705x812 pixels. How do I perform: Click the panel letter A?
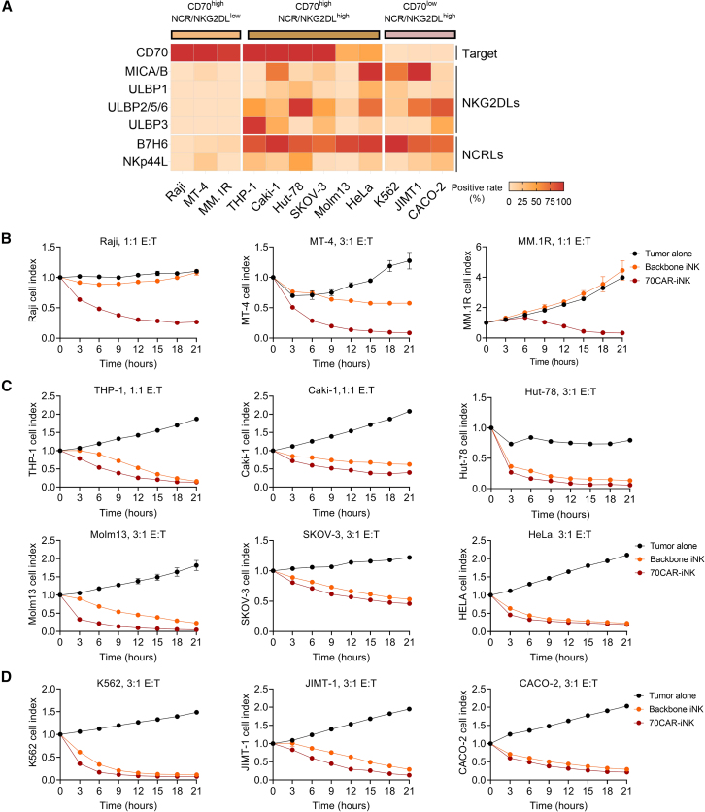9,9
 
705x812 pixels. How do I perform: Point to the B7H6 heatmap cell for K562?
396,145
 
